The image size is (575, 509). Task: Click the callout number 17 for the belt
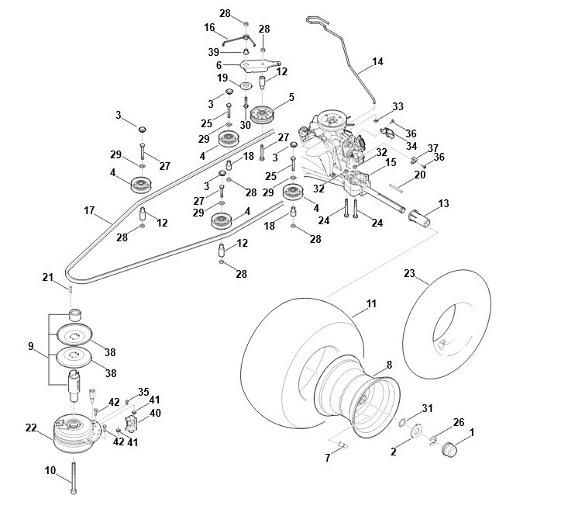click(x=89, y=211)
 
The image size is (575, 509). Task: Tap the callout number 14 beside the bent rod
click(x=377, y=61)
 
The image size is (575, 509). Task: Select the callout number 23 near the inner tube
click(x=409, y=273)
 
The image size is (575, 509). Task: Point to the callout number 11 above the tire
click(x=371, y=303)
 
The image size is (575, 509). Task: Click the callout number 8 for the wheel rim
click(x=389, y=365)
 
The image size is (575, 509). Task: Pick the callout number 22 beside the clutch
click(x=31, y=428)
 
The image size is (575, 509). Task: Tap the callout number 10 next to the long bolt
click(x=50, y=470)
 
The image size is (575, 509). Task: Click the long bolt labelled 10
click(x=74, y=477)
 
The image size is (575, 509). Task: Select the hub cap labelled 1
click(x=449, y=448)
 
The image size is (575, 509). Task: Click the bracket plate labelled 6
click(x=260, y=65)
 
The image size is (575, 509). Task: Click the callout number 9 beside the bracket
click(x=31, y=346)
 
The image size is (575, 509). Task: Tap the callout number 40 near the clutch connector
click(x=155, y=413)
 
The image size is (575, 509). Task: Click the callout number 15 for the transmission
click(x=391, y=162)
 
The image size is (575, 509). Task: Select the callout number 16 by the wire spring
click(x=209, y=27)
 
